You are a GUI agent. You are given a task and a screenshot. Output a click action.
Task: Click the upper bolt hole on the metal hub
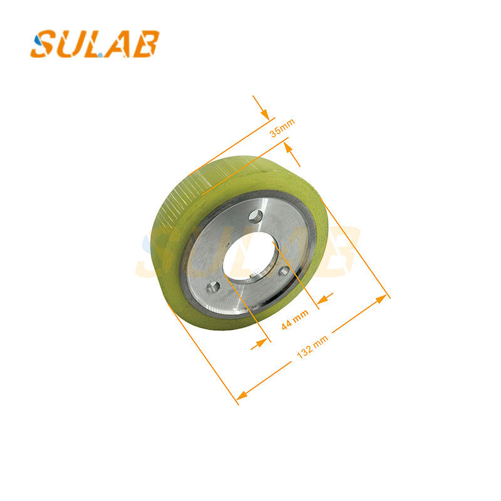(254, 215)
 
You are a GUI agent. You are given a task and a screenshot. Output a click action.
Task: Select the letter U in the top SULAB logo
(73, 44)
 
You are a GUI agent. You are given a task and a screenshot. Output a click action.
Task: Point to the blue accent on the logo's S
(38, 39)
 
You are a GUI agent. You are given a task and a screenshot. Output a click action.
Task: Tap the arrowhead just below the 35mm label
(287, 147)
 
